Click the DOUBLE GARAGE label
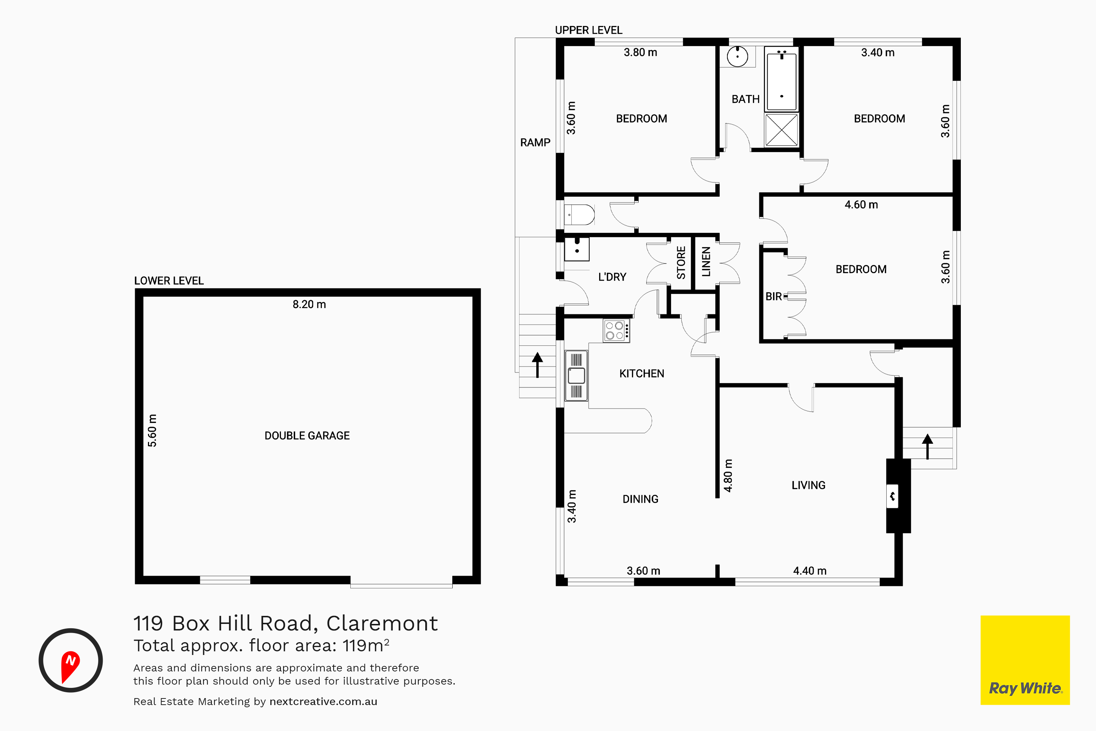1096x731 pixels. pos(307,435)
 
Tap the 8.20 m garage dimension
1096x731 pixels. pos(309,304)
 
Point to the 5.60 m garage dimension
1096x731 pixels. pos(152,430)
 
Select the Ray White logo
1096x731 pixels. pos(1025,660)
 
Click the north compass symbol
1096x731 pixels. pos(71,660)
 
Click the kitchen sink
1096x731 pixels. pos(576,376)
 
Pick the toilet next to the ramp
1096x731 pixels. pos(579,215)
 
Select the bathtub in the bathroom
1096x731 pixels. pos(781,79)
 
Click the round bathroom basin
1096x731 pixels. pos(737,56)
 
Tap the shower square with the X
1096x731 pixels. pos(781,130)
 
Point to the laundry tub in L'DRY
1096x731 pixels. pos(577,249)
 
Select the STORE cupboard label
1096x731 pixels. pos(681,263)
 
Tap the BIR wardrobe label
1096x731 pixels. pos(773,296)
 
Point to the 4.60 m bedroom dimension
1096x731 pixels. pos(861,205)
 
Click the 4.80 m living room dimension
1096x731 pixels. pos(728,476)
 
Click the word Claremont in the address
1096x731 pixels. pos(382,623)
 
